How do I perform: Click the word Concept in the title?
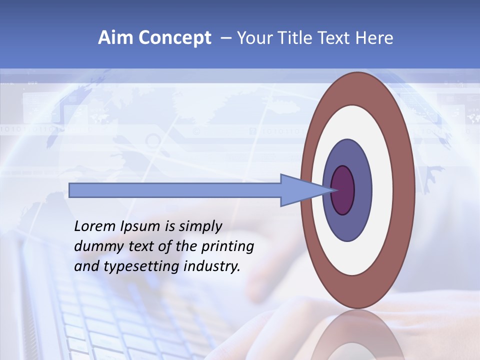tap(174, 38)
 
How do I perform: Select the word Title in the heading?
tap(299, 38)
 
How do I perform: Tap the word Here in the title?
tap(374, 38)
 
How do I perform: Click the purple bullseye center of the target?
tap(343, 190)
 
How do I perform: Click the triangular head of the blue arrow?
tap(300, 190)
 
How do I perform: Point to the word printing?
tap(227, 247)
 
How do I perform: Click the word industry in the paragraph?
tap(212, 267)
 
